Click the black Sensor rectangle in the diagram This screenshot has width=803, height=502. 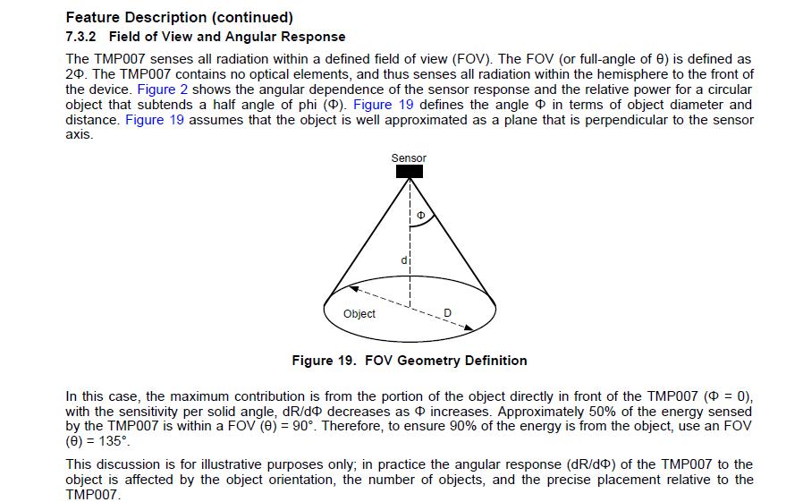pyautogui.click(x=409, y=171)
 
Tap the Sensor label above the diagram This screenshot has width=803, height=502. pyautogui.click(x=409, y=158)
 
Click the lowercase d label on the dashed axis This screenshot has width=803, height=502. pyautogui.click(x=404, y=260)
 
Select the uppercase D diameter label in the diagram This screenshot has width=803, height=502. pyautogui.click(x=448, y=311)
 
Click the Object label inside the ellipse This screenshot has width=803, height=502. pyautogui.click(x=359, y=314)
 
